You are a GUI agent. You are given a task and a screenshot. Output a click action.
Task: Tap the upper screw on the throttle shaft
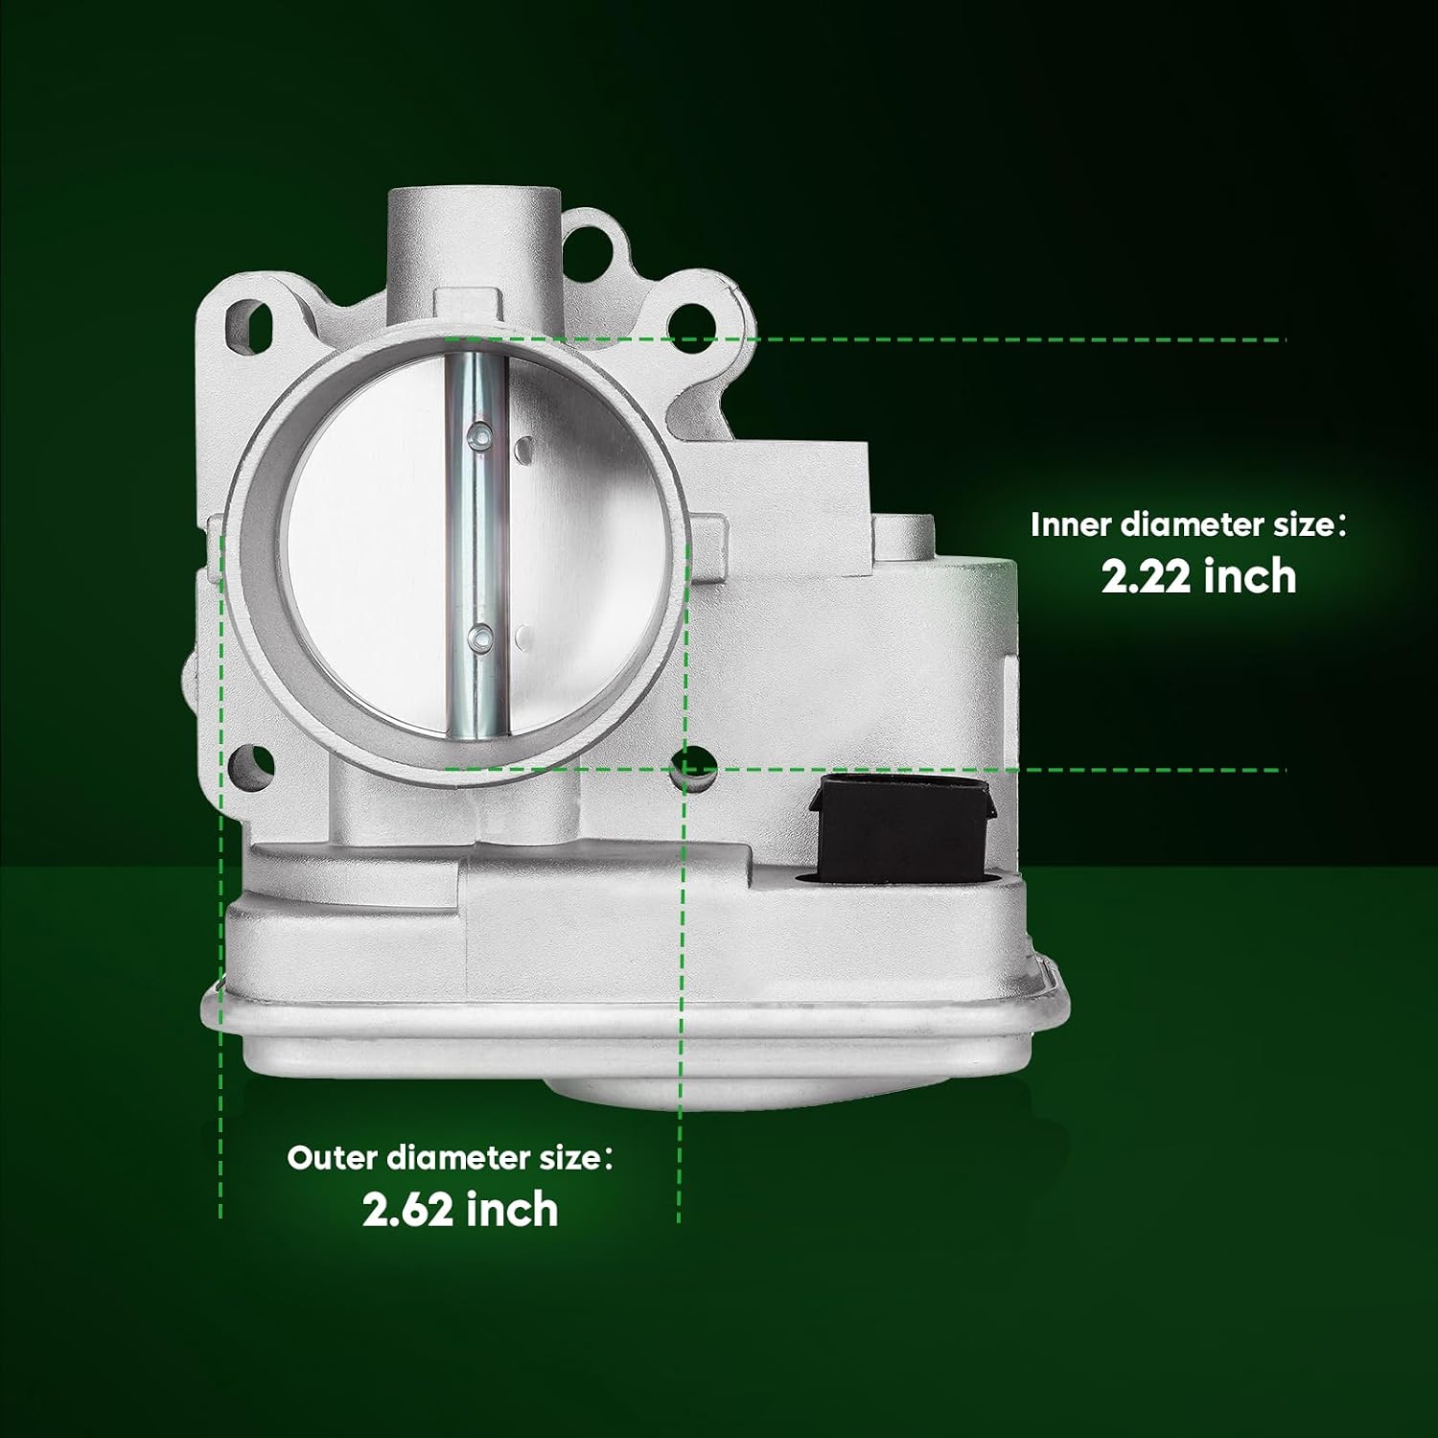pyautogui.click(x=479, y=437)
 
